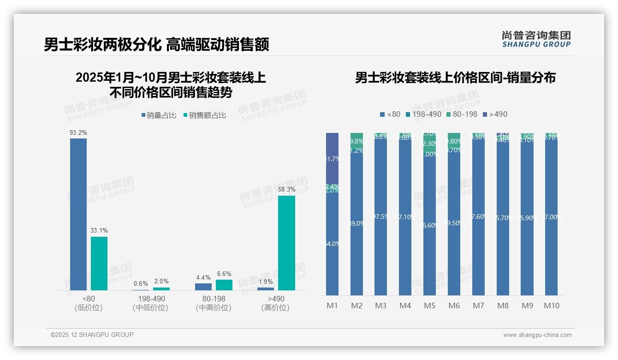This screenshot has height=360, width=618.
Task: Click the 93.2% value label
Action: (78, 132)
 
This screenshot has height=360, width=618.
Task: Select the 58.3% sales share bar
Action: (286, 243)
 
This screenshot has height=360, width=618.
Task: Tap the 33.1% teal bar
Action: (99, 263)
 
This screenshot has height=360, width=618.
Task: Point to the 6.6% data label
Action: (224, 274)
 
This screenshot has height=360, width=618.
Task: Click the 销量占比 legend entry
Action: (159, 115)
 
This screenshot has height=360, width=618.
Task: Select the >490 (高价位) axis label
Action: (276, 303)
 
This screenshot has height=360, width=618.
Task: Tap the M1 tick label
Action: (333, 306)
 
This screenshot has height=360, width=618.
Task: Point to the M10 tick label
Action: (552, 306)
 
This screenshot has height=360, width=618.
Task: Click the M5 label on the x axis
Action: (429, 306)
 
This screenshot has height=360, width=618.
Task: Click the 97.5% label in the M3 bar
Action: (381, 216)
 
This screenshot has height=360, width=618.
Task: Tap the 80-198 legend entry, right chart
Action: (462, 114)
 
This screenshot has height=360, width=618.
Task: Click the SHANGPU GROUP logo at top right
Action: (536, 39)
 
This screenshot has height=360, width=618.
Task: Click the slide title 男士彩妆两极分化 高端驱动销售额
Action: (156, 45)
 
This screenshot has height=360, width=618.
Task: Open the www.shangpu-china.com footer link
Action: (537, 335)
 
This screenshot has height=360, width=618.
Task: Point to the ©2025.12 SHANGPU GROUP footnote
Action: (92, 335)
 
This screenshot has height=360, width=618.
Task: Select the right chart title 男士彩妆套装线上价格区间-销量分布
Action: (455, 78)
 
